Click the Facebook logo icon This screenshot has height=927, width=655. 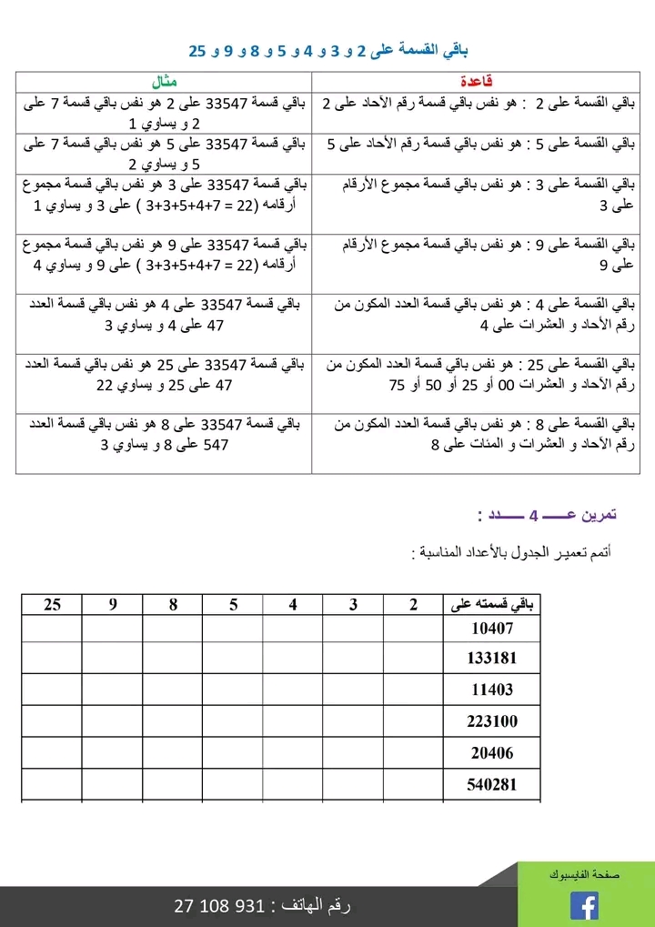point(584,906)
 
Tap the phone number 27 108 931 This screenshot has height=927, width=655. point(218,907)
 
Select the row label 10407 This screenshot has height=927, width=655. point(492,628)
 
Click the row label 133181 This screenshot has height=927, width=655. point(492,659)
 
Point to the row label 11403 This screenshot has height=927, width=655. point(492,690)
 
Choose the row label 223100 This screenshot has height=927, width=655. point(492,721)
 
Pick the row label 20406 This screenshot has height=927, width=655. point(492,752)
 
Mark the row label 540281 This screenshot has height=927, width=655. point(492,784)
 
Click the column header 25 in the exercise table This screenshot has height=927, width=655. point(52,604)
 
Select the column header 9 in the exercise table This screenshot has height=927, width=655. point(113,604)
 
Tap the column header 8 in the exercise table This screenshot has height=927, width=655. point(173,604)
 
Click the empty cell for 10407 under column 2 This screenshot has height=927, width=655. point(413,628)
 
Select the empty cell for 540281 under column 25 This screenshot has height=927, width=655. point(52,784)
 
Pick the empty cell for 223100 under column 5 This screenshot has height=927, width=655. point(233,721)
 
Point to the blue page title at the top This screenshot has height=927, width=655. point(327,49)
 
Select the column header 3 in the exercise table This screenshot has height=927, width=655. point(353,604)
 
